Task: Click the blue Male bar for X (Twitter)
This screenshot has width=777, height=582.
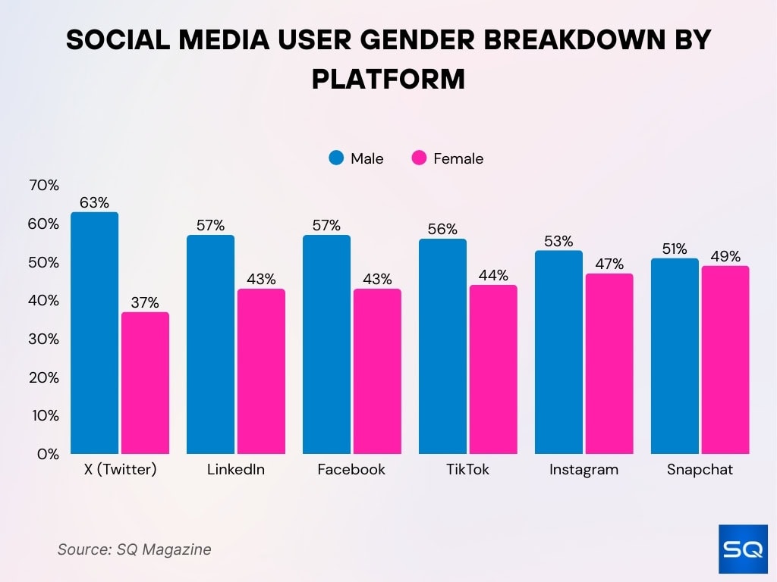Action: pos(95,333)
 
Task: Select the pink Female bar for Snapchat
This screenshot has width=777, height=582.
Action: pos(725,360)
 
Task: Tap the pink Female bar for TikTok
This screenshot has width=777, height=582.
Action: pos(492,369)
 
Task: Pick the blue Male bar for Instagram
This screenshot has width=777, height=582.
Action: pos(558,352)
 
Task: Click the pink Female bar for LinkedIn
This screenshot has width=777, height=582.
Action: pos(261,371)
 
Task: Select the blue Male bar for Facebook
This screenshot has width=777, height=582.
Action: pos(326,345)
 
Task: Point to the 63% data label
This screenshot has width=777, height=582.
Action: pos(95,203)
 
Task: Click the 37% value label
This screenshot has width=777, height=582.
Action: pos(144,303)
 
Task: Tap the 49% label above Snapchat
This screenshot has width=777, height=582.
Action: pos(725,256)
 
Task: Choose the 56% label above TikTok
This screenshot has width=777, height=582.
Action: pos(442,230)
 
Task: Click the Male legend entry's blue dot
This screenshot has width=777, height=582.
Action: pos(336,158)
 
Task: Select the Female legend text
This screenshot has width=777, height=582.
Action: pos(458,158)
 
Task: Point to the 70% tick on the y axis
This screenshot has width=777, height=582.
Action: pos(42,186)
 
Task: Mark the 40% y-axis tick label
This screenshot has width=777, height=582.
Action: pos(42,301)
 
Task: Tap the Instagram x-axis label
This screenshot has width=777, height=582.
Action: pos(584,469)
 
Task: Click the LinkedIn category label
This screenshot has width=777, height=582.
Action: pos(236,469)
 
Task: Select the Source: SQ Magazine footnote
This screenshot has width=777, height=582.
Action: pos(134,549)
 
